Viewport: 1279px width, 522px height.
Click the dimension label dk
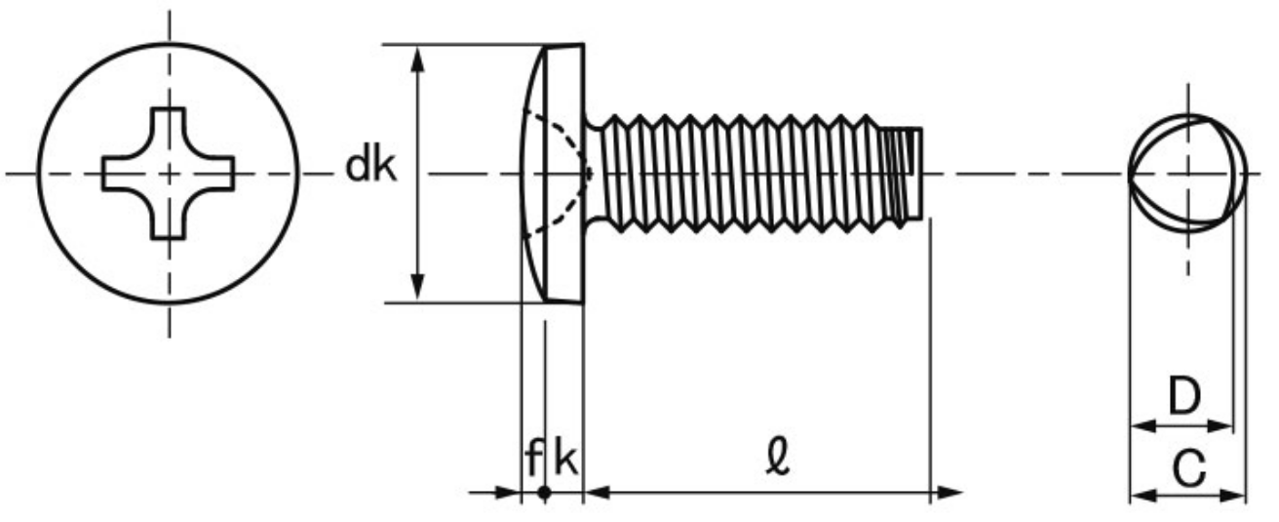(x=370, y=167)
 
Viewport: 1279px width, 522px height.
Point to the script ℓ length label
(x=778, y=456)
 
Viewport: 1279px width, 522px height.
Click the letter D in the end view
(x=1184, y=395)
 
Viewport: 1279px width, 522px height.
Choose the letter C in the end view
(x=1189, y=468)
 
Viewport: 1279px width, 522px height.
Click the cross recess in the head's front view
(x=169, y=174)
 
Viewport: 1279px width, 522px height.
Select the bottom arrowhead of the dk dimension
(x=418, y=287)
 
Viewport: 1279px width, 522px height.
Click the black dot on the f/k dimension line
(x=545, y=492)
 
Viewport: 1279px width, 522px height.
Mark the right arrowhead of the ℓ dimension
(x=947, y=492)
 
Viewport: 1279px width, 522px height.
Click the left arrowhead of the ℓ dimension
(x=599, y=492)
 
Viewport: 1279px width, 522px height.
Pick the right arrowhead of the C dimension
(x=1232, y=495)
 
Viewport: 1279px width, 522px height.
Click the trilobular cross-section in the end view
(x=1187, y=174)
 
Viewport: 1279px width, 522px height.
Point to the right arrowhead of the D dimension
(x=1219, y=426)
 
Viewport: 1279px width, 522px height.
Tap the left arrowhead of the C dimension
(x=1143, y=495)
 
